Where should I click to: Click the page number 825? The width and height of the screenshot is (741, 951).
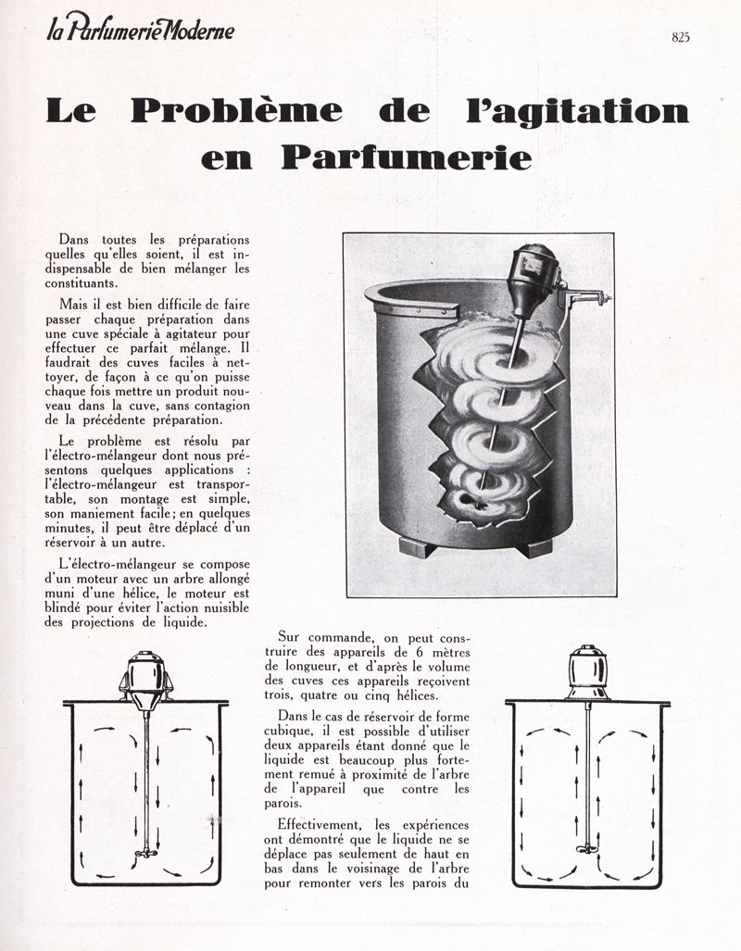pos(681,37)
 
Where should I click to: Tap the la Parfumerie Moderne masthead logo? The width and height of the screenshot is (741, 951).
pos(140,31)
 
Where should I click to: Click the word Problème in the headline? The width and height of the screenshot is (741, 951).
pos(235,112)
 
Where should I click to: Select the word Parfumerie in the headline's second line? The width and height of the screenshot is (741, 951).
pos(407,156)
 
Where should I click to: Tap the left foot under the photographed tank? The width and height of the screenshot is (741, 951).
pos(417,546)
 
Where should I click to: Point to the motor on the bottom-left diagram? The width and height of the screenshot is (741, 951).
pos(145,675)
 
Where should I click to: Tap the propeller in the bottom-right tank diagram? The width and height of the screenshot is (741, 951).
pos(587,847)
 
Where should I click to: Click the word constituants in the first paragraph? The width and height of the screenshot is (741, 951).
pos(93,283)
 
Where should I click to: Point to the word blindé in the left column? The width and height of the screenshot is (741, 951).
pos(77,608)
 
